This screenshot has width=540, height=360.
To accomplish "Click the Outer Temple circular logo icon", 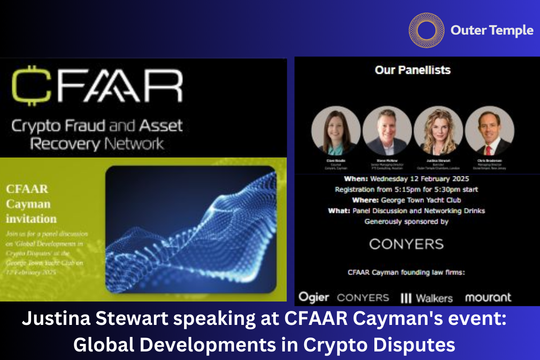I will (423, 30).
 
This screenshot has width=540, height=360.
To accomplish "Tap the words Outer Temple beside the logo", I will (491, 31).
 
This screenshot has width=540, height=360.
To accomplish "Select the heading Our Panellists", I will (413, 70).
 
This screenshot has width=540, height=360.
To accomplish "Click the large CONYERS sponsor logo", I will (406, 244).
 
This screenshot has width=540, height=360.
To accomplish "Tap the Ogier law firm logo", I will (314, 297).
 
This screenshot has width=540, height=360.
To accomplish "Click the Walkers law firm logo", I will (426, 298).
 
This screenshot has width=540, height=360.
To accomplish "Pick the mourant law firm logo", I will (488, 297).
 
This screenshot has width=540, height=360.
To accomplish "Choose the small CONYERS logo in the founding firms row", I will (363, 297).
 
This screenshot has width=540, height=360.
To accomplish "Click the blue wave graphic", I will (190, 229).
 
